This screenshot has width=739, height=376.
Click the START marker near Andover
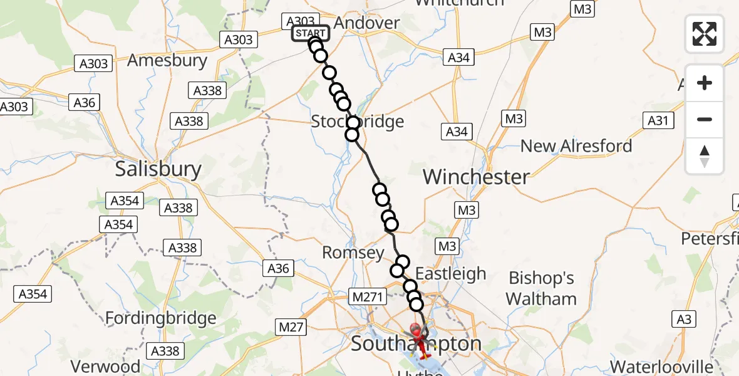310,33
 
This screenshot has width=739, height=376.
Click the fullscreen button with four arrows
705,34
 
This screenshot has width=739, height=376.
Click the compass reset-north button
705,156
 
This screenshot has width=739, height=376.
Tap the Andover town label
366,23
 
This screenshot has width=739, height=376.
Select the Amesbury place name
167,61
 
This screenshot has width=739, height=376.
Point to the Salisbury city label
158,169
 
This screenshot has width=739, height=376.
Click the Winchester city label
476,177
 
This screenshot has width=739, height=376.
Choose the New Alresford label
576,146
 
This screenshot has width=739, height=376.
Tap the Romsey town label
353,253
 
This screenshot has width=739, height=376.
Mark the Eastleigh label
451,274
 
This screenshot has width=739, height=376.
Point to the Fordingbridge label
160,318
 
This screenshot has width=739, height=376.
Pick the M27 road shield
290,326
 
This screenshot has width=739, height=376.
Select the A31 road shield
658,121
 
